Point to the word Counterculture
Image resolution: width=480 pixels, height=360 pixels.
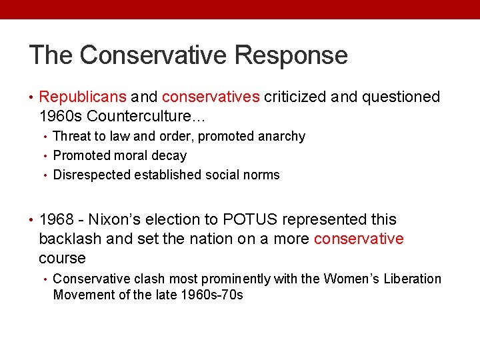pyautogui.click(x=147, y=116)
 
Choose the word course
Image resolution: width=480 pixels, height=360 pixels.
pyautogui.click(x=62, y=259)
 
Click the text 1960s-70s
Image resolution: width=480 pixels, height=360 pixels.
pyautogui.click(x=212, y=295)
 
